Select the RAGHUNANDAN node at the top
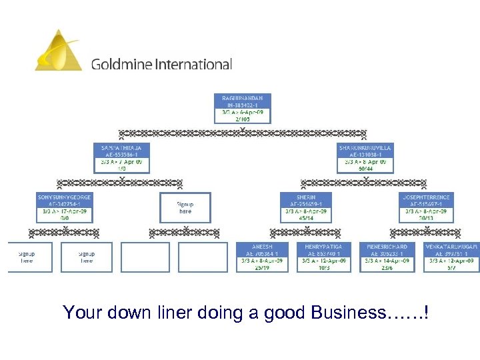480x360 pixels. click(243, 109)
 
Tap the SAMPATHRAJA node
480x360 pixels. click(121, 157)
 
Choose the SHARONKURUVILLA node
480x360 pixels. click(365, 157)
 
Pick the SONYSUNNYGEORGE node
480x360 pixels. click(64, 207)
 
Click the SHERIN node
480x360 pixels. click(307, 207)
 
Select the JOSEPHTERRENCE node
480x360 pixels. click(426, 207)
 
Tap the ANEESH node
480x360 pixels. click(261, 257)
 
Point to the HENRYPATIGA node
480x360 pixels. click(323, 257)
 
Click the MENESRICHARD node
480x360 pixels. click(387, 257)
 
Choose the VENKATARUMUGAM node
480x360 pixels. click(451, 257)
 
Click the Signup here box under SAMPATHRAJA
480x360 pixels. click(185, 207)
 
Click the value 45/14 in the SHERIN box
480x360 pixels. click(307, 218)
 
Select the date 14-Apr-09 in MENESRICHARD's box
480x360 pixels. click(393, 261)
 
